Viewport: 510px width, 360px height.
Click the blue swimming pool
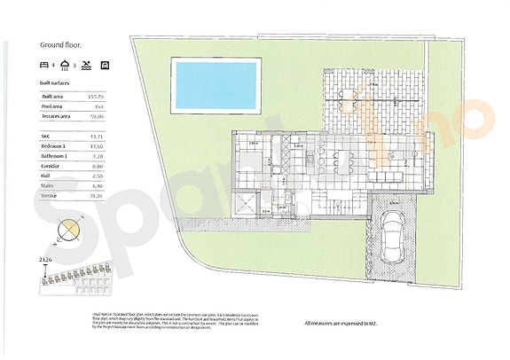tap(216, 86)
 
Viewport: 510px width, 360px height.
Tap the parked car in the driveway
tap(391, 238)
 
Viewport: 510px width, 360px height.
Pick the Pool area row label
tap(55, 106)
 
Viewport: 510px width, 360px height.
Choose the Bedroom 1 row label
tap(58, 145)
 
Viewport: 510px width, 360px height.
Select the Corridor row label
tap(54, 166)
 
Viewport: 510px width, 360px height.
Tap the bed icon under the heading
tap(44, 66)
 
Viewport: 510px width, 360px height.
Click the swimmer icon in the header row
tap(90, 66)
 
